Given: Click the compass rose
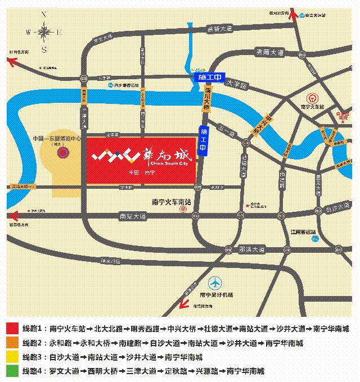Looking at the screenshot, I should pyautogui.click(x=44, y=32).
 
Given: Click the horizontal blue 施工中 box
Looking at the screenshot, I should pyautogui.click(x=208, y=76).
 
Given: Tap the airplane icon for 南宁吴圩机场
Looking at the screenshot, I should pyautogui.click(x=215, y=283).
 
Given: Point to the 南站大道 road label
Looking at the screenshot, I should pyautogui.click(x=133, y=215).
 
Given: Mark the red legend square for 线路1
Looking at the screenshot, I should pyautogui.click(x=12, y=329).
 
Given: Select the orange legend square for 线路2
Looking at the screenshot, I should pyautogui.click(x=12, y=343).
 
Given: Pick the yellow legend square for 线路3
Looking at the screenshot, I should pyautogui.click(x=12, y=357).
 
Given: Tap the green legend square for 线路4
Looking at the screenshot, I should pyautogui.click(x=12, y=371).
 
